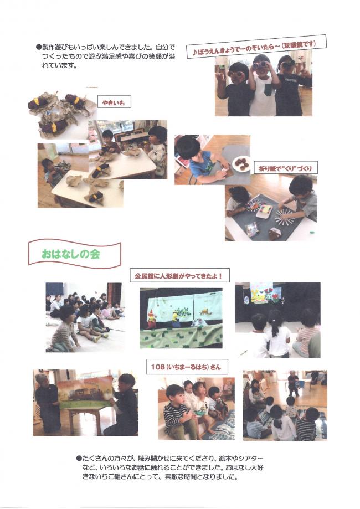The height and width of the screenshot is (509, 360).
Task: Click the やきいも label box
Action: pos(114,102)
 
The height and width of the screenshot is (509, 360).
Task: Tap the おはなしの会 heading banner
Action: pos(75,254)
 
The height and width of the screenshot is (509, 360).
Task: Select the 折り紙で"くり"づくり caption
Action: pos(285,168)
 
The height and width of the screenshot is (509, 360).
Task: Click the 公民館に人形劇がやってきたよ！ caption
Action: pos(179,276)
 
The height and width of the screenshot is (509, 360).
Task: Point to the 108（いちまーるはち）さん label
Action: pos(186,367)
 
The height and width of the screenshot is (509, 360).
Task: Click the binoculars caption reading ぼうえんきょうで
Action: pos(256,48)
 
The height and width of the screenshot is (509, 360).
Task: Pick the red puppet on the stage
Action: pos(152,318)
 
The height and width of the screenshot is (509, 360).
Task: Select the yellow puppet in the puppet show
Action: pos(176,320)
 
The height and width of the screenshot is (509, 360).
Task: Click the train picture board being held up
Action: pos(85,392)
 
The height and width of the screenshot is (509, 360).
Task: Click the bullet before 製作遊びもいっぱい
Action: pos(38,47)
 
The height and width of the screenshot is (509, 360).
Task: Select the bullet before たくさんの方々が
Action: pos(79,459)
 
